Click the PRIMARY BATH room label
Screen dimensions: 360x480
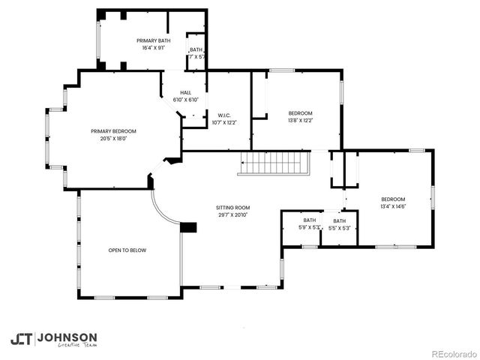153,40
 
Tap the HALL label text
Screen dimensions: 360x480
185,92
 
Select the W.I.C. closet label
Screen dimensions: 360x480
223,115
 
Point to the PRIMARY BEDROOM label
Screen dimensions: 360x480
114,130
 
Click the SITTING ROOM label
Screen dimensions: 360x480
232,207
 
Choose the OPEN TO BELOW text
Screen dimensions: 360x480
127,250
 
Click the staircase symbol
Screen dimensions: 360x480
274,163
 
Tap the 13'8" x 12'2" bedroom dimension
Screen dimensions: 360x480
301,120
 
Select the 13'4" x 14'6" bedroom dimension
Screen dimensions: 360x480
393,206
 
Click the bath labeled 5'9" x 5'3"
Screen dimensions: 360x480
310,227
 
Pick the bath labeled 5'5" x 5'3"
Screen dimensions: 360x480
340,227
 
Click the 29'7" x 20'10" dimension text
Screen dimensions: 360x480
232,214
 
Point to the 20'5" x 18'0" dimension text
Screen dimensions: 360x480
114,138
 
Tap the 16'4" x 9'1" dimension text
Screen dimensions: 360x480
153,48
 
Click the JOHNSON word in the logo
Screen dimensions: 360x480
67,337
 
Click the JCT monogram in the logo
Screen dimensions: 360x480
21,339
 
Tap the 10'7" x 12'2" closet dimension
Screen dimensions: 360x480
223,122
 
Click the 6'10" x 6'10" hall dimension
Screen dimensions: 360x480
185,100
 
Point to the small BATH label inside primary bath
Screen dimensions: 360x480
196,49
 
